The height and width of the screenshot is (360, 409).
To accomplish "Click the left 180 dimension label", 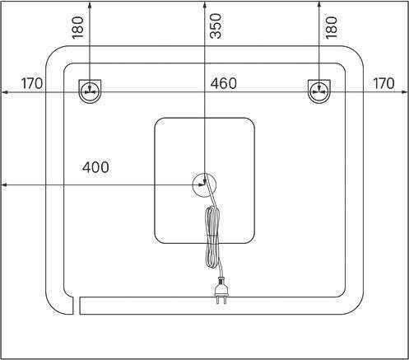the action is tap(77, 27).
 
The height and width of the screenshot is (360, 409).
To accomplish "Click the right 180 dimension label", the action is tap(332, 27).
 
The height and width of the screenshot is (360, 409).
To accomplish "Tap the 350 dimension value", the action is tap(216, 26).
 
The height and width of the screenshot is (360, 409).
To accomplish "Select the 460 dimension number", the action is tap(223, 83).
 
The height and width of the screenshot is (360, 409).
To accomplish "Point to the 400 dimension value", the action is tap(95, 167).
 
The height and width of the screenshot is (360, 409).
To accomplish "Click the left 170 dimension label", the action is tap(32, 83).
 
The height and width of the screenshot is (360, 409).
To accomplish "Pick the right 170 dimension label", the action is tap(383, 83).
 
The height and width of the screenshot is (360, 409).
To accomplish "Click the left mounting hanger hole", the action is tap(90, 91).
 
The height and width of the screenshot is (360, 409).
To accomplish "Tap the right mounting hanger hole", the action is tap(319, 91).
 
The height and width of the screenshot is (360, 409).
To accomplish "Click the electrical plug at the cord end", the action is tap(221, 290).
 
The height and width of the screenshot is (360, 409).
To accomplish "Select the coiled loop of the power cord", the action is tap(212, 237).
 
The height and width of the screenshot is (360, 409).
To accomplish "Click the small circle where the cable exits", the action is tap(204, 185).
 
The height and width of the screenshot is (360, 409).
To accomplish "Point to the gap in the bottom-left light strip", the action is tap(77, 306).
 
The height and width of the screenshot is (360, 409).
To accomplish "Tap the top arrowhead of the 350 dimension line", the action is tap(205, 4).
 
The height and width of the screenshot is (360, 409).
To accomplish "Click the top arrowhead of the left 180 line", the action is tap(90, 4).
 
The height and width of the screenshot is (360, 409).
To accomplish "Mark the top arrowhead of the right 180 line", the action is tap(318, 4).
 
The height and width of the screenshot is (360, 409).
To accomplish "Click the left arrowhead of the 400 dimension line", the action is tap(4, 185).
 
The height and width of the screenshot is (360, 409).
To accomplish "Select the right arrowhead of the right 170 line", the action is tap(404, 92).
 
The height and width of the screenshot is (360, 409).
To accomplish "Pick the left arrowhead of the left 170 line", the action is tap(4, 92).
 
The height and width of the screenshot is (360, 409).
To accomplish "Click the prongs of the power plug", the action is tap(221, 300).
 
